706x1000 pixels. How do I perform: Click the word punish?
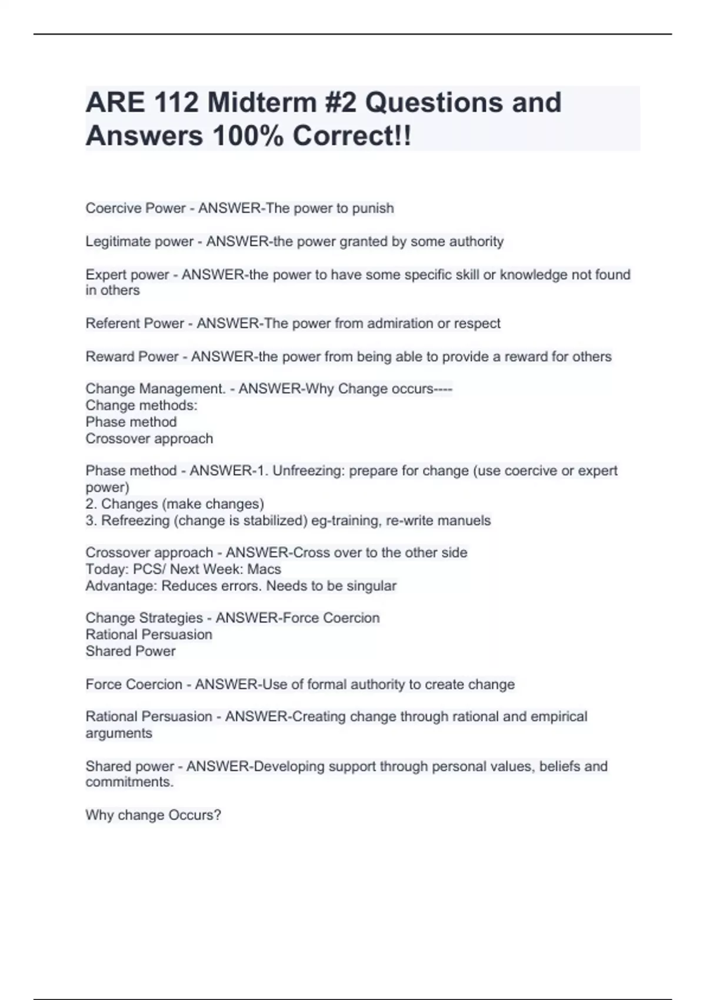pos(373,208)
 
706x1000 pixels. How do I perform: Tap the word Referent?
pos(109,324)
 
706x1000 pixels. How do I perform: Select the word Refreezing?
pos(135,521)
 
